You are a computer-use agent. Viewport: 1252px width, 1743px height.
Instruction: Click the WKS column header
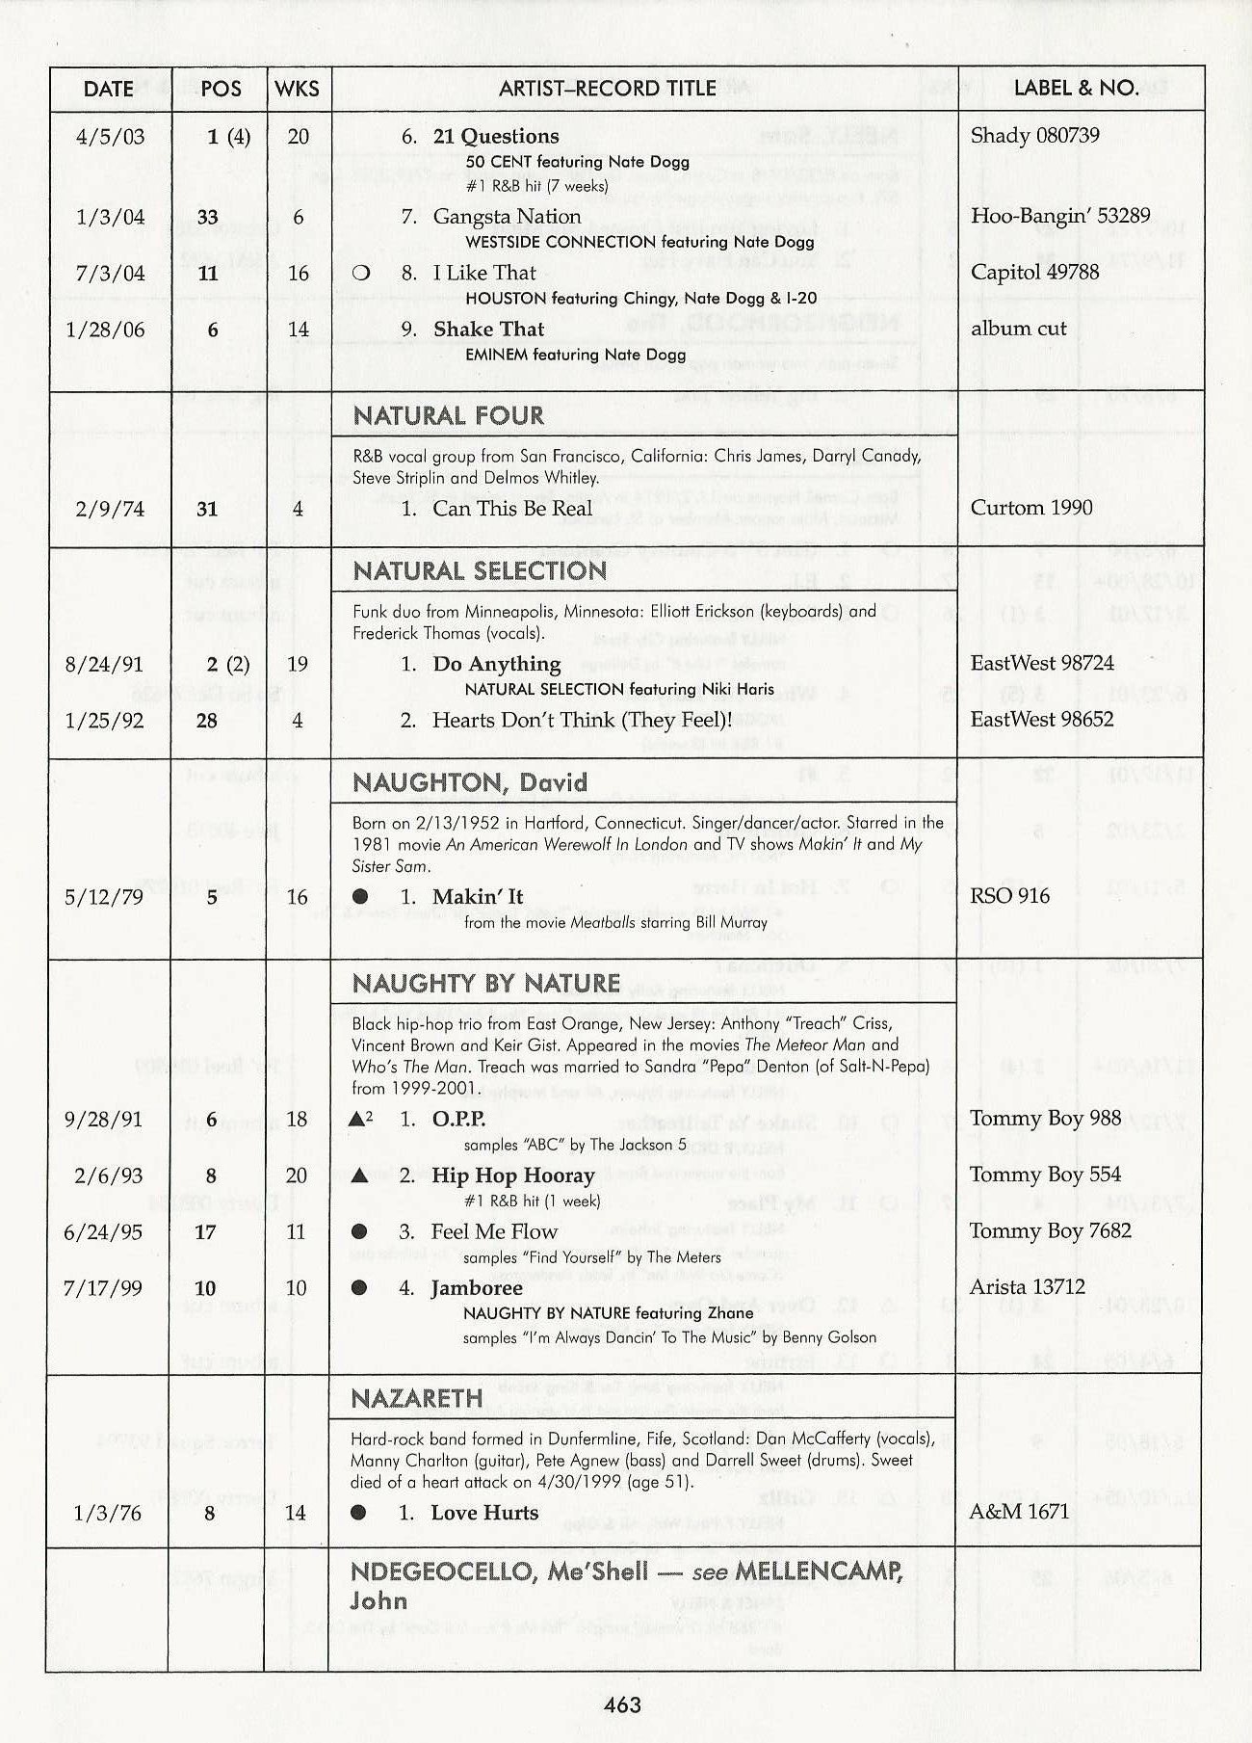(297, 89)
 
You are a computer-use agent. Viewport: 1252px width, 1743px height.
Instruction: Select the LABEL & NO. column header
(1076, 89)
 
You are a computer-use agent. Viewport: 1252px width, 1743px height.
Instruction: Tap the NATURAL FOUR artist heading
(448, 416)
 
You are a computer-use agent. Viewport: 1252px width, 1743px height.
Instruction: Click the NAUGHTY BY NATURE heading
(485, 984)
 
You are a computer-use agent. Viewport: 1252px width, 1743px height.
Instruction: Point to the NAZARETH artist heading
(416, 1398)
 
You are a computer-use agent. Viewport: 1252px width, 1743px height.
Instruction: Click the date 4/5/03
(110, 136)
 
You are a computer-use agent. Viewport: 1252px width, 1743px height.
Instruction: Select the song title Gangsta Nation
(507, 217)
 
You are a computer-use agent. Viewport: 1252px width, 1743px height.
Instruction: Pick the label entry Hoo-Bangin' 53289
(1059, 216)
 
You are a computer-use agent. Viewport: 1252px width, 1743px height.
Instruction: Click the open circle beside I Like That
(361, 273)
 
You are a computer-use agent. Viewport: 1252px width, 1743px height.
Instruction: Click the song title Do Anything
(496, 664)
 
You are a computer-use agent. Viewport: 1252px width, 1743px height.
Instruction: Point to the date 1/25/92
(104, 721)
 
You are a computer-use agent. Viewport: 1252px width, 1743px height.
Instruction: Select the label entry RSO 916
(1009, 896)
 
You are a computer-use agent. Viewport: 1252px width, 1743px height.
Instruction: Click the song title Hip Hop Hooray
(512, 1175)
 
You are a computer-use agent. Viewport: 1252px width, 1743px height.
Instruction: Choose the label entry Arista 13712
(1027, 1287)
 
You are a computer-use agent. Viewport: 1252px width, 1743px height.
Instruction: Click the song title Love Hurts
(484, 1513)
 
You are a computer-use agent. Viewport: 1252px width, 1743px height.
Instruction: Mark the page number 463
(622, 1705)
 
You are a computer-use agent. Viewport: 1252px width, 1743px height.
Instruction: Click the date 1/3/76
(107, 1514)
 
